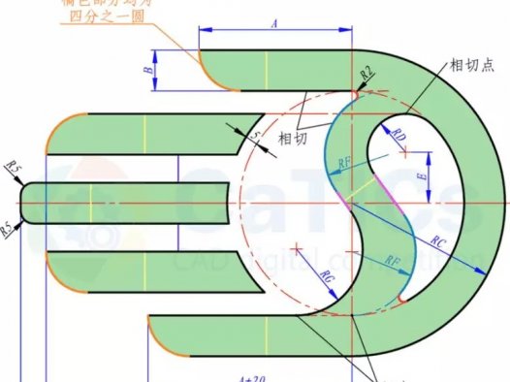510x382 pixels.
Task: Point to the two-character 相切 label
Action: pos(295,138)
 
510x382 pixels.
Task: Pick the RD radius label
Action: pos(398,139)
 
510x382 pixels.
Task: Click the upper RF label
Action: pos(344,165)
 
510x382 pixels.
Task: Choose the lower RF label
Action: pos(392,261)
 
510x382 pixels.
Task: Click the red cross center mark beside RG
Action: pos(298,250)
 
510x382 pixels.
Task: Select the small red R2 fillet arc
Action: pos(357,94)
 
